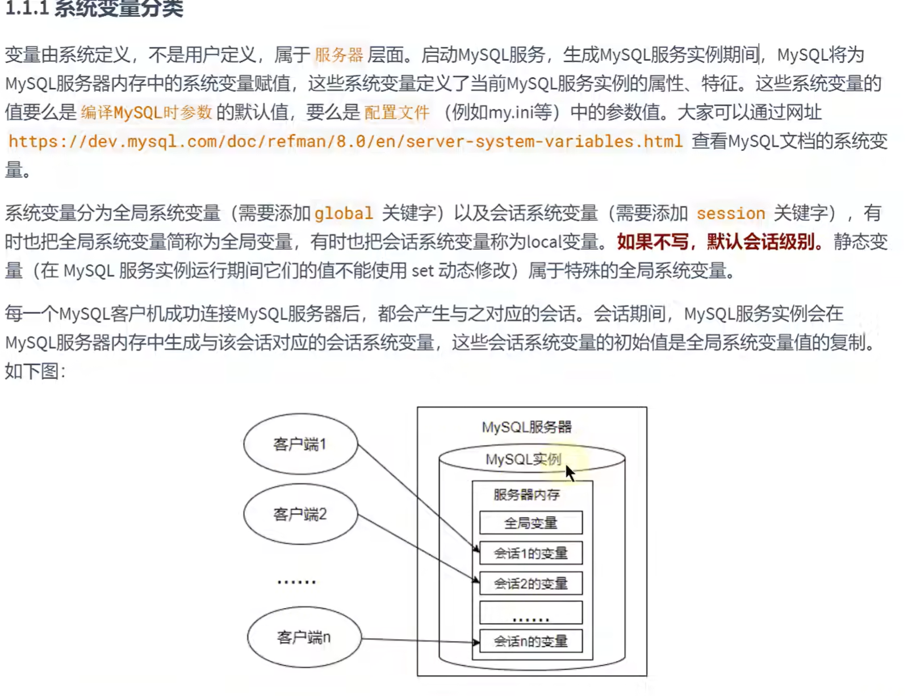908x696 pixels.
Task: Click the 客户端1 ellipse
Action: (x=300, y=444)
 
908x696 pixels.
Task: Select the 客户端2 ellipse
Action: (x=300, y=514)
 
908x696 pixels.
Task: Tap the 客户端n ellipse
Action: (x=304, y=638)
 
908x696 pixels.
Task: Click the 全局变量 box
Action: (x=530, y=523)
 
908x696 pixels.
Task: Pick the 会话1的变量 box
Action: (x=530, y=553)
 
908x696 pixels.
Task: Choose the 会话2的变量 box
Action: (x=530, y=583)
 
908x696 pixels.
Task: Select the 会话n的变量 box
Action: (x=530, y=642)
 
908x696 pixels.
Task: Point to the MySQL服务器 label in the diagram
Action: (x=526, y=427)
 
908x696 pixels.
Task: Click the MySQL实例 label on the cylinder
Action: (x=523, y=459)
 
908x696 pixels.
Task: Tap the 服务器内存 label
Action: (x=526, y=494)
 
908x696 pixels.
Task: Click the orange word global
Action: (x=344, y=213)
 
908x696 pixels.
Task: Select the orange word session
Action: (x=731, y=213)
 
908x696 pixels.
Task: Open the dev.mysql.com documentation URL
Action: (x=345, y=141)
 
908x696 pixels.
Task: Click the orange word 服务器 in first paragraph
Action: (x=338, y=55)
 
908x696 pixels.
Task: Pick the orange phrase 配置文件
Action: (x=396, y=112)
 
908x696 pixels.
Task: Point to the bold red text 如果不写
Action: (x=652, y=242)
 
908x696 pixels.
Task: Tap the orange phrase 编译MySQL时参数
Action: (x=146, y=112)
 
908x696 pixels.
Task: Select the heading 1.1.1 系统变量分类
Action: (x=94, y=9)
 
